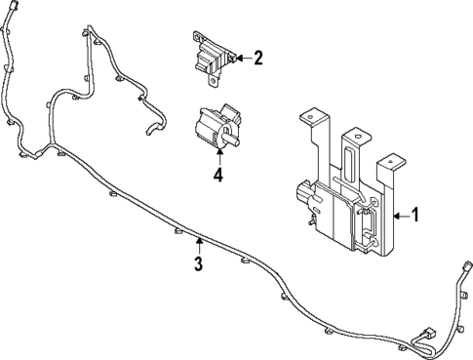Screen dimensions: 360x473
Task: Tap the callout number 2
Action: [x=258, y=58]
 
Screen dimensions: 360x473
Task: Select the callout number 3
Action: [x=198, y=264]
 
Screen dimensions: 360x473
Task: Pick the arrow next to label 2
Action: [x=241, y=59]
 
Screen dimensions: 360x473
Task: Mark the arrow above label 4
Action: [x=219, y=157]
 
